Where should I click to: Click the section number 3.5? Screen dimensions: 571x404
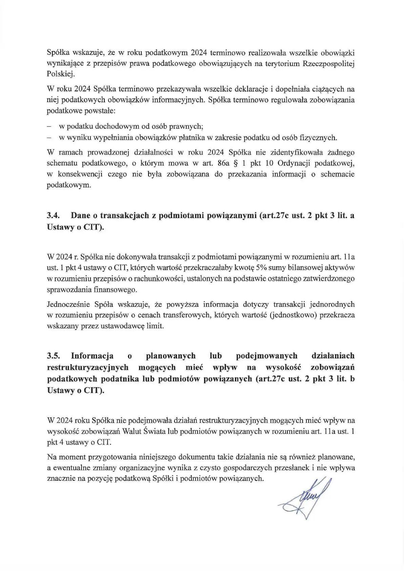pyautogui.click(x=54, y=356)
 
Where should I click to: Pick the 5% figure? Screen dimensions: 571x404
pyautogui.click(x=262, y=268)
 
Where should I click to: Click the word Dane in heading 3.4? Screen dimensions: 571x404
pyautogui.click(x=80, y=216)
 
